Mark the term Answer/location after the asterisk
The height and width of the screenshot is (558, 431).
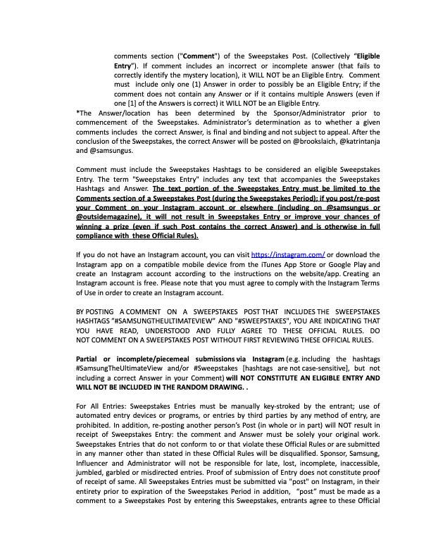pos(111,113)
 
